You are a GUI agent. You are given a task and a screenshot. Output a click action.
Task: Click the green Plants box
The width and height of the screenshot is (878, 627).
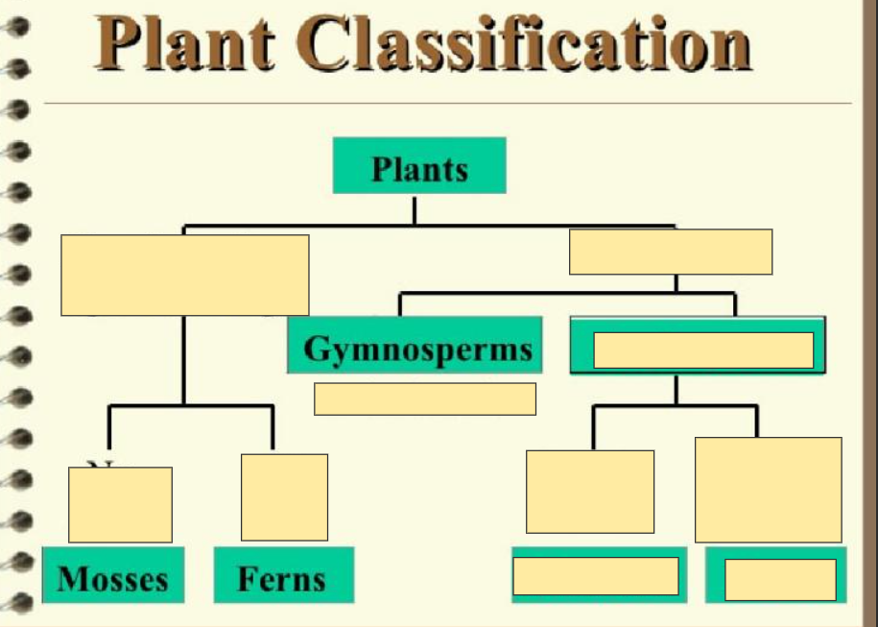click(419, 166)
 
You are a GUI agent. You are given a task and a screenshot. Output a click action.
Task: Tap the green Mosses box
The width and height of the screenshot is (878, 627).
click(112, 576)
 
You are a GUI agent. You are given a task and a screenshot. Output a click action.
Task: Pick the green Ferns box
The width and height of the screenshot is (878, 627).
click(282, 576)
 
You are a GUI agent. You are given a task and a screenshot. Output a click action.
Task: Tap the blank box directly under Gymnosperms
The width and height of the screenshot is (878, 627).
click(424, 398)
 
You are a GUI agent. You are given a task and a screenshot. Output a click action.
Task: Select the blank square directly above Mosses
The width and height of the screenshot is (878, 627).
click(120, 504)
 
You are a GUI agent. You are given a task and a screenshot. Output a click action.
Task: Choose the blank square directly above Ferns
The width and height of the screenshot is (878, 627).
click(284, 496)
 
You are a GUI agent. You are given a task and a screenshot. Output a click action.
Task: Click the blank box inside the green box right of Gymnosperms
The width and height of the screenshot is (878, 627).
click(703, 350)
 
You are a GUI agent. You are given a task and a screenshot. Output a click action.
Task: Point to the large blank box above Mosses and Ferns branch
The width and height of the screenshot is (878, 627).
click(184, 275)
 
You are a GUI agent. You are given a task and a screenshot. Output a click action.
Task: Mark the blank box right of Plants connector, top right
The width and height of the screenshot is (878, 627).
click(670, 252)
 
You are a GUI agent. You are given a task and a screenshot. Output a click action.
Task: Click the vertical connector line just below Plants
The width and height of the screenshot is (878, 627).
click(415, 209)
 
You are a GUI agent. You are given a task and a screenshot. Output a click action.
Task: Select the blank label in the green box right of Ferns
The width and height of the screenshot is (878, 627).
click(596, 576)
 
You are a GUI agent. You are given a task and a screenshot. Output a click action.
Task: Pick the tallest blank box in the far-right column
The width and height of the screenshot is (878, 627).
click(768, 490)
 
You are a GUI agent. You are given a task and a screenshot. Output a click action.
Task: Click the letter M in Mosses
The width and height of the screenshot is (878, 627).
click(70, 578)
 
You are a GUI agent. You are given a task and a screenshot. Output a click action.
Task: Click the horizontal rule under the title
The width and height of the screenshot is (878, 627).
click(447, 103)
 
